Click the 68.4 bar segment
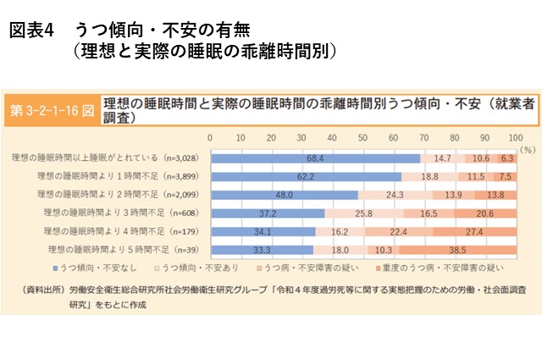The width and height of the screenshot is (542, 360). tap(315, 158)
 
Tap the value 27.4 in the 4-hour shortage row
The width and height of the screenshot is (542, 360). tap(473, 231)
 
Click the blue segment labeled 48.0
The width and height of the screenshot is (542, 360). tap(284, 195)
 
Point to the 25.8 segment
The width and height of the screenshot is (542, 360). tap(364, 213)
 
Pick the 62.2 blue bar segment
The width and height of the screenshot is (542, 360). tap(306, 176)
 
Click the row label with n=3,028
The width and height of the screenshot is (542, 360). tap(106, 158)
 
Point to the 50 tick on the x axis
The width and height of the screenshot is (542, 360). tap(362, 136)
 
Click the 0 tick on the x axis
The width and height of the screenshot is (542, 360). tap(211, 136)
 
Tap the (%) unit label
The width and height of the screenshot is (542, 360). tap(525, 147)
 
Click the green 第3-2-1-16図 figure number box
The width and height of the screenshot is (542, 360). tap(53, 112)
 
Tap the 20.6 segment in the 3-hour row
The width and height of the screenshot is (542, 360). tap(484, 213)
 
